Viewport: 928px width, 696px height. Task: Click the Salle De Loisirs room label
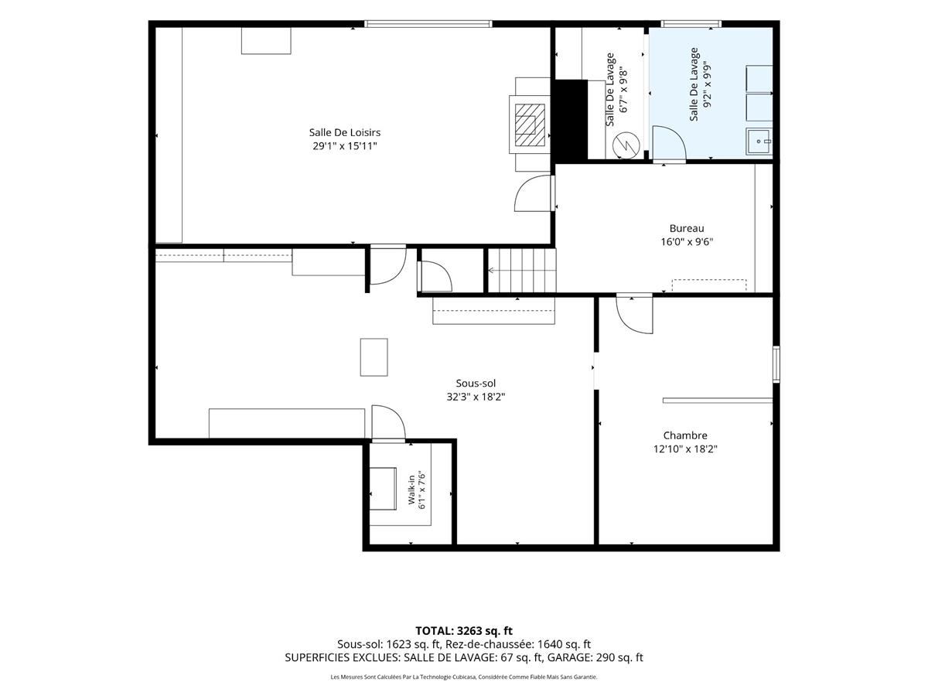pos(345,132)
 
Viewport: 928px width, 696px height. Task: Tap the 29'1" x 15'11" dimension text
pos(345,146)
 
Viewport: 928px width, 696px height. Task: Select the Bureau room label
pos(687,228)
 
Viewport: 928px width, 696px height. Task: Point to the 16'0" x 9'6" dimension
pos(687,242)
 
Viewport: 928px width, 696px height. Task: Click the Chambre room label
pos(685,435)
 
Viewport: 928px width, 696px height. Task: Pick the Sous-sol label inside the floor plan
pos(476,384)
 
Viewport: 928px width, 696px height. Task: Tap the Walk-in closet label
pos(411,490)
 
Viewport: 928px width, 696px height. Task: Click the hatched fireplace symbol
pos(530,125)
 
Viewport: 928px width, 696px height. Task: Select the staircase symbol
pos(522,270)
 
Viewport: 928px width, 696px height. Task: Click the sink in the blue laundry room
pos(759,142)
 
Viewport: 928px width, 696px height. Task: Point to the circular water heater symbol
pos(626,145)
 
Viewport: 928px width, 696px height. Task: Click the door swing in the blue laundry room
pos(670,143)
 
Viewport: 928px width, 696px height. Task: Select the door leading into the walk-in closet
pos(388,422)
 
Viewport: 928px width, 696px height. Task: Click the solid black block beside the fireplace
pos(571,120)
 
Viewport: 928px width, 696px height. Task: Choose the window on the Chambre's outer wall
pos(776,364)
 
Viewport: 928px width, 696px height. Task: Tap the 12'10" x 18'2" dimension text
pos(685,449)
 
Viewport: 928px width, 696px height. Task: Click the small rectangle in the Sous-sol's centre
pos(374,357)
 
